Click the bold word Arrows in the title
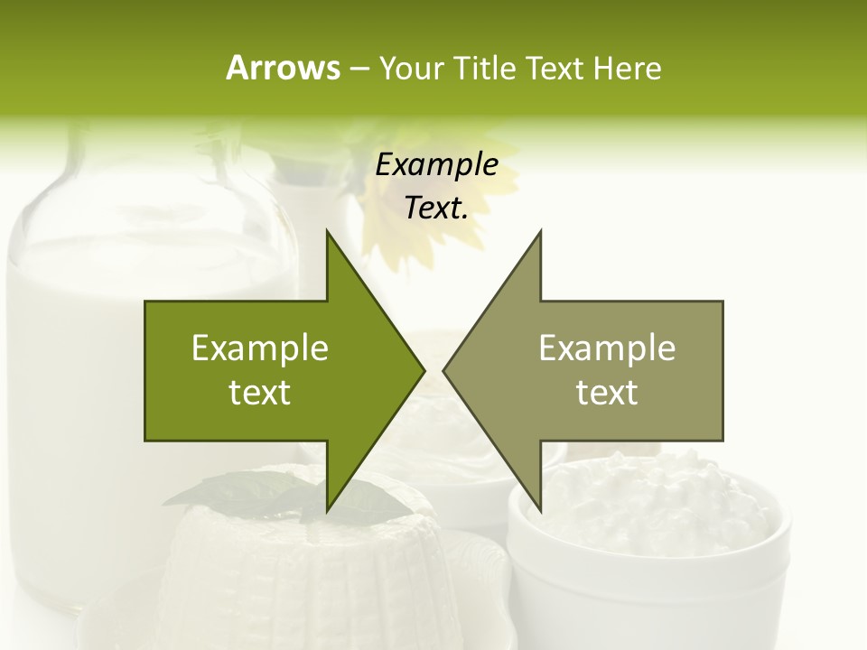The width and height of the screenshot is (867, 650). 282,68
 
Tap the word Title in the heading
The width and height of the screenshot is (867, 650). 483,69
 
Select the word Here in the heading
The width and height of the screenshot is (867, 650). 628,69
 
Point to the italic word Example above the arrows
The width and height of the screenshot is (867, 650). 437,165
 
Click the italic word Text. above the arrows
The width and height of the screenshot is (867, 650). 437,208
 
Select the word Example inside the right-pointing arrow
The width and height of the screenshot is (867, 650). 260,348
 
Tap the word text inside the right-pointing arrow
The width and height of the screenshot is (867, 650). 260,393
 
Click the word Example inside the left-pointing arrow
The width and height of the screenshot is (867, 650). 607,348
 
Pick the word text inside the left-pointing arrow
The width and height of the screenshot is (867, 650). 607,393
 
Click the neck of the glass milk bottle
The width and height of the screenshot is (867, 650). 144,172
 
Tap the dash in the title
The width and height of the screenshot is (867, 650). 359,69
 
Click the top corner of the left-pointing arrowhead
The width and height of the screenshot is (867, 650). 540,232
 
